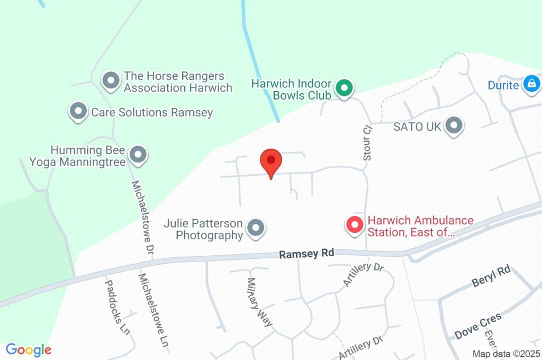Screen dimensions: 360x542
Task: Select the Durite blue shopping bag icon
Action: click(530, 83)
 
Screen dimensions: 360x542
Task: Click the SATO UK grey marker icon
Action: click(454, 126)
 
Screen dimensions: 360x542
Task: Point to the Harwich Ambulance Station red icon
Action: click(354, 224)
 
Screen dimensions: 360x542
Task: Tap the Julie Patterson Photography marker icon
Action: click(256, 228)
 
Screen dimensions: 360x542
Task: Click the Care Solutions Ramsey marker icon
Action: click(78, 111)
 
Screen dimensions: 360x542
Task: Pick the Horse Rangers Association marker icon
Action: click(111, 81)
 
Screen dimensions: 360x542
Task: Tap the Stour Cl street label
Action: click(367, 143)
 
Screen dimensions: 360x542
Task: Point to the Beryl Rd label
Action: click(491, 276)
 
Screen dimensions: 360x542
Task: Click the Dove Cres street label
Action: click(478, 326)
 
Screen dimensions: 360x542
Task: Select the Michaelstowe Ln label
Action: click(154, 310)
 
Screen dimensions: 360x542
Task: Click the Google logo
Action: click(28, 349)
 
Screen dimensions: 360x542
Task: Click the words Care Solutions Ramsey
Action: click(152, 112)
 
